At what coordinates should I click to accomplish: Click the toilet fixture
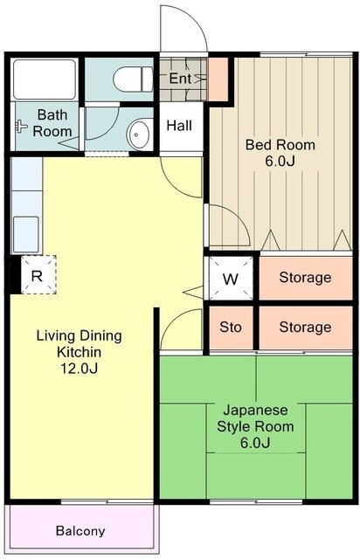133,79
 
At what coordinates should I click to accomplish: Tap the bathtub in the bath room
45,79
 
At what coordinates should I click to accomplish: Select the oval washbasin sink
138,135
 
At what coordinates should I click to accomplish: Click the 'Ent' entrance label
180,79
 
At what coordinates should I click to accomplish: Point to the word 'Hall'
179,126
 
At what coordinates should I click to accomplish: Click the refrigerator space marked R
38,274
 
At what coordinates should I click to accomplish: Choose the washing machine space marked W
231,279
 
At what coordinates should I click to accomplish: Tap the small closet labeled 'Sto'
231,328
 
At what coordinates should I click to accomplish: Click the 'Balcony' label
80,531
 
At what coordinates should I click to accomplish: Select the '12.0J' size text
79,369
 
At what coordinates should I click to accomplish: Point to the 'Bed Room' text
280,145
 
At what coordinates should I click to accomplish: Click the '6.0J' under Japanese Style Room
255,443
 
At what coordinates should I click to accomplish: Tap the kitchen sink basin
25,234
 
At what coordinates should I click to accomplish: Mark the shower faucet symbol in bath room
21,126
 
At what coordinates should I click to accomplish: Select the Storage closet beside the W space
306,278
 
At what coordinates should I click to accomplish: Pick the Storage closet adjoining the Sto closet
306,328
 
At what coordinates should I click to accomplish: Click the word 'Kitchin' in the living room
79,352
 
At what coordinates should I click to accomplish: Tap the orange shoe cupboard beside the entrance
218,79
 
